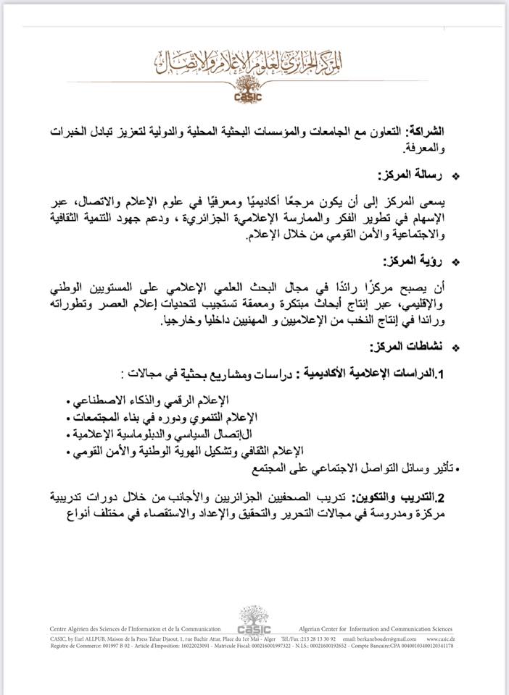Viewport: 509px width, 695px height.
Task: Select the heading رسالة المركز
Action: pos(402,176)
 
